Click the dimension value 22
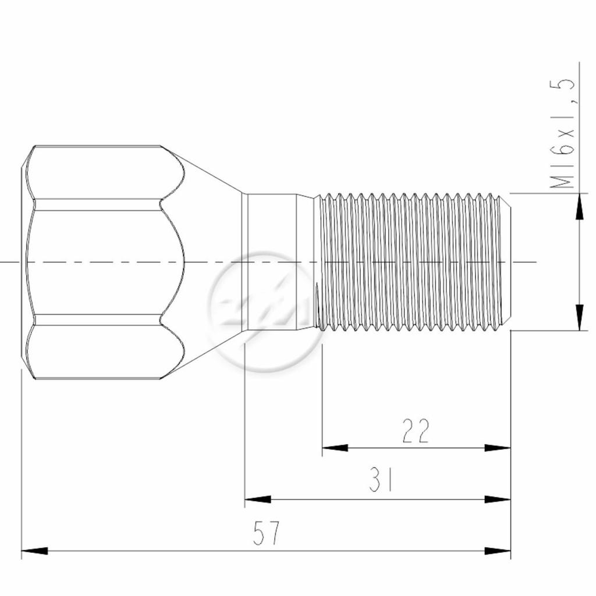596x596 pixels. pyautogui.click(x=416, y=431)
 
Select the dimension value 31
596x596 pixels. pyautogui.click(x=381, y=480)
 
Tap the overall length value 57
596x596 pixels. pyautogui.click(x=266, y=533)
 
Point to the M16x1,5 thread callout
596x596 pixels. pyautogui.click(x=562, y=133)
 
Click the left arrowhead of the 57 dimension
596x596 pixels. pyautogui.click(x=34, y=551)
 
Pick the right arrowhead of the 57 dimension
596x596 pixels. pyautogui.click(x=498, y=551)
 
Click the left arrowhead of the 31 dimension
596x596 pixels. pyautogui.click(x=258, y=499)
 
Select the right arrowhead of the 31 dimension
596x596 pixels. pyautogui.click(x=498, y=499)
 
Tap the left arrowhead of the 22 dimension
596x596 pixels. pyautogui.click(x=335, y=448)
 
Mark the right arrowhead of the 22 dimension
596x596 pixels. pyautogui.click(x=498, y=448)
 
